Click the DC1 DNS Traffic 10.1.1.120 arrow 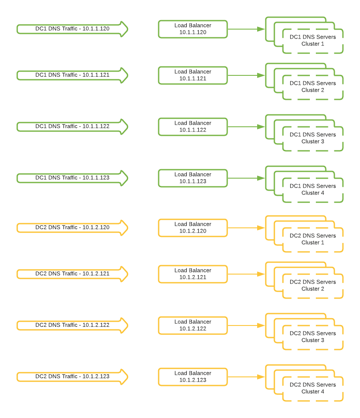[72, 29]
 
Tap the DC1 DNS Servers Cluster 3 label [313, 138]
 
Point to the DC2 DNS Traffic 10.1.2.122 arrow [72, 325]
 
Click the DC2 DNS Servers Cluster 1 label [313, 239]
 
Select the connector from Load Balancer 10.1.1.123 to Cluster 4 [246, 178]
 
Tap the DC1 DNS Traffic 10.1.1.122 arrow [72, 127]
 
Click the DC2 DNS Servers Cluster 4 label [313, 388]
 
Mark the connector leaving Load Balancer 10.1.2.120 [246, 228]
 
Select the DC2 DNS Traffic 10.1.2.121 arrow [72, 274]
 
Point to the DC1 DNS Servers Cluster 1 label [313, 40]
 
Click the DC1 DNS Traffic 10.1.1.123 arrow [72, 178]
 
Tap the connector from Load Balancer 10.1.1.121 [246, 75]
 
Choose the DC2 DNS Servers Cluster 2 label [313, 285]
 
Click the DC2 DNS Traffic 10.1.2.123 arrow [72, 377]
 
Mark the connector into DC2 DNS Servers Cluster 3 [246, 325]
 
